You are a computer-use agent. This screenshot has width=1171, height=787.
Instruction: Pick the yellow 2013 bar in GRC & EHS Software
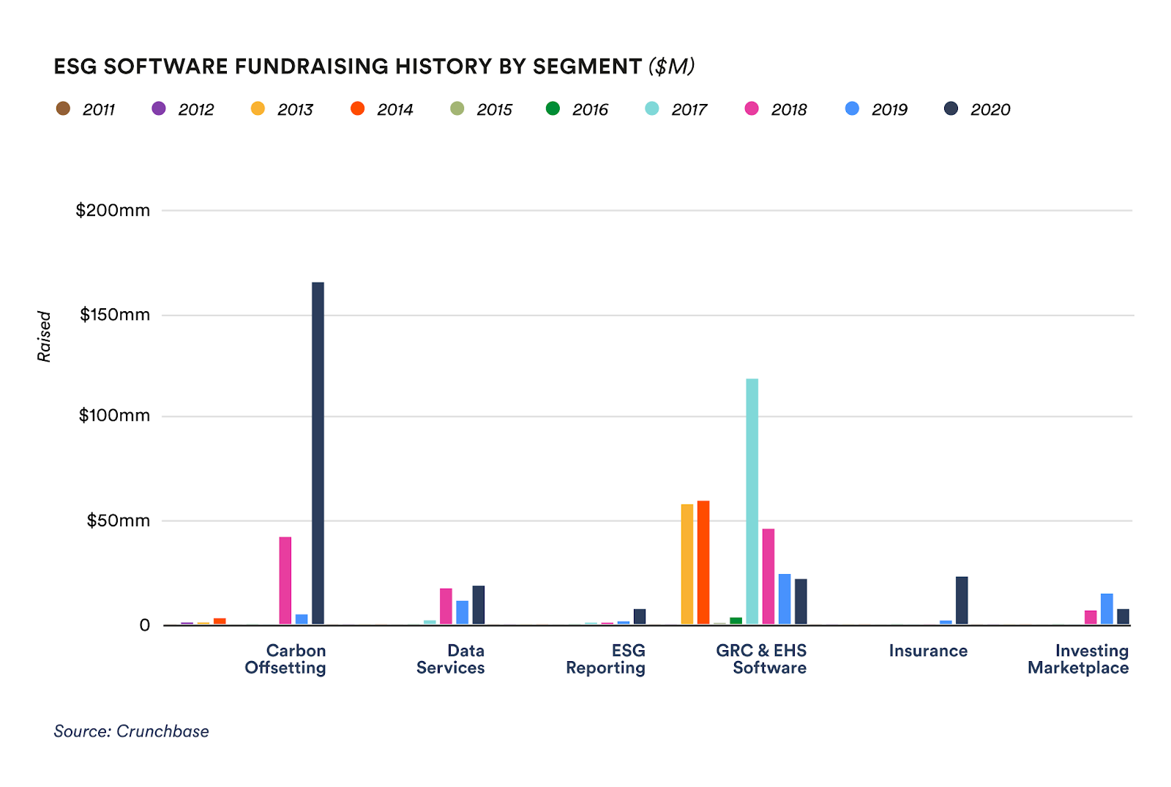pos(686,564)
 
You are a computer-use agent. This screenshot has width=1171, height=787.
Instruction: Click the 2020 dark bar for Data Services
pos(478,605)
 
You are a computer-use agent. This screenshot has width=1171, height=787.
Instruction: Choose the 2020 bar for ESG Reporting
pos(640,616)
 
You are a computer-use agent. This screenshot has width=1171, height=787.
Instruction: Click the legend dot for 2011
pos(63,109)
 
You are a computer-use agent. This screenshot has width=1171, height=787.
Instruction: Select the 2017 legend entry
pos(677,109)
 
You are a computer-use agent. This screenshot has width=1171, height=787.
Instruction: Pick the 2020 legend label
pos(989,110)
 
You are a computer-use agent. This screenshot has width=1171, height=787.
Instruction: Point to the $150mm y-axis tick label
pos(114,315)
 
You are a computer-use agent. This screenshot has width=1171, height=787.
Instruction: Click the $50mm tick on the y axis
pos(118,521)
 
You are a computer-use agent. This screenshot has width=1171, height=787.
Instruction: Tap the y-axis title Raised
pos(44,336)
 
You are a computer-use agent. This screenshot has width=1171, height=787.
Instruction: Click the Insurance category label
pos(927,650)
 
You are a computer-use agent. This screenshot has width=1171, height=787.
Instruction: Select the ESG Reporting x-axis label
pos(605,659)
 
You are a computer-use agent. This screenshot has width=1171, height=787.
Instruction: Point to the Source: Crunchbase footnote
pos(131,731)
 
